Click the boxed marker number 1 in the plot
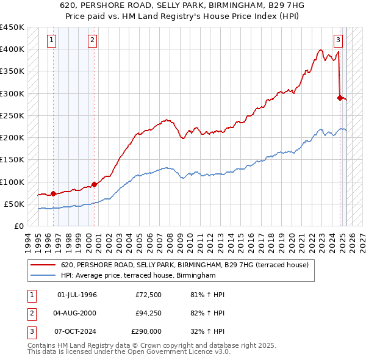point(51,41)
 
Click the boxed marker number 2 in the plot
point(91,41)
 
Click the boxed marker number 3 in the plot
point(338,41)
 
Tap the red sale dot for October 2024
point(340,97)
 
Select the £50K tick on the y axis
point(14,204)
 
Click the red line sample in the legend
point(43,265)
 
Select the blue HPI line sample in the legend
point(43,276)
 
